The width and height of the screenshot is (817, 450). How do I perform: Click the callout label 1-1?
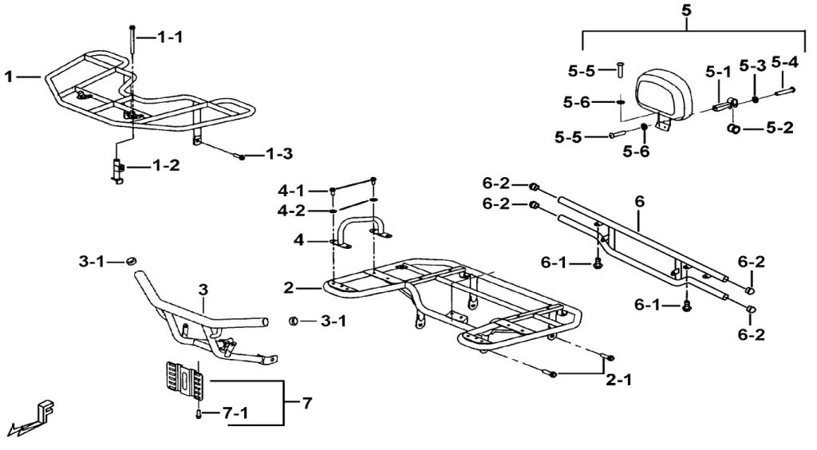tap(170, 37)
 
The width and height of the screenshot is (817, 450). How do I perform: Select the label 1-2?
tap(166, 166)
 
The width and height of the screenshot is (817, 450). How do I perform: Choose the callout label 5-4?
tap(785, 62)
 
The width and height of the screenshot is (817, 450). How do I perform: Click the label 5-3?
tap(753, 66)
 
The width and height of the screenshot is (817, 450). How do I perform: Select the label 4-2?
tap(291, 211)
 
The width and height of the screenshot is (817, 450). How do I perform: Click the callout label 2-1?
tap(619, 381)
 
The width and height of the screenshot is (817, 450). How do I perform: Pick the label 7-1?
tap(235, 413)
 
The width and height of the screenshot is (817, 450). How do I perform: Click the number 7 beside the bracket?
tap(307, 403)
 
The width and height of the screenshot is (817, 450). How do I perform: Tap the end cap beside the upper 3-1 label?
tap(132, 260)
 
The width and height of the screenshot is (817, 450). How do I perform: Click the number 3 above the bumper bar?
tap(203, 290)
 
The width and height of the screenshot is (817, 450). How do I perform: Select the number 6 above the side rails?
tap(639, 201)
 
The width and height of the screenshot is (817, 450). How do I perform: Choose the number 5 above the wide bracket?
tap(686, 10)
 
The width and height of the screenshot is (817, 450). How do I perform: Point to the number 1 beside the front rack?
tap(8, 77)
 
